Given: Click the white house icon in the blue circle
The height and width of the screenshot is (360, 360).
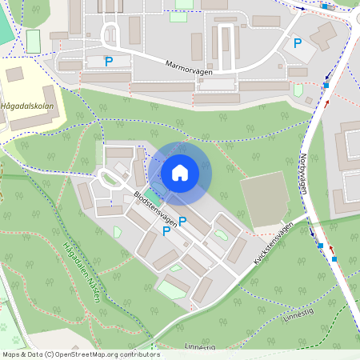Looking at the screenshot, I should tap(180, 173).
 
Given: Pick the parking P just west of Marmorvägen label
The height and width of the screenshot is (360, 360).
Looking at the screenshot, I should tap(109, 62).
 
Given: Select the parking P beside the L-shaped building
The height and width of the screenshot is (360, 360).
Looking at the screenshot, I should tap(298, 43).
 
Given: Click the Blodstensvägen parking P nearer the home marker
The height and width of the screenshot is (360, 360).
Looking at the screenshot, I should tap(182, 222).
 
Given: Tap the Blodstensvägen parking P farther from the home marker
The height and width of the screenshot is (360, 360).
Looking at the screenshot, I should tap(166, 231).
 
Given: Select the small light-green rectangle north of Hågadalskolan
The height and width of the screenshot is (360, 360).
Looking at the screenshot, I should tap(33, 41).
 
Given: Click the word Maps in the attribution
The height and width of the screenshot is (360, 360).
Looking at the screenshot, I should tap(12, 354).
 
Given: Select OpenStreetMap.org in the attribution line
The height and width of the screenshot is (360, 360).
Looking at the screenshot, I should tap(84, 354).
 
